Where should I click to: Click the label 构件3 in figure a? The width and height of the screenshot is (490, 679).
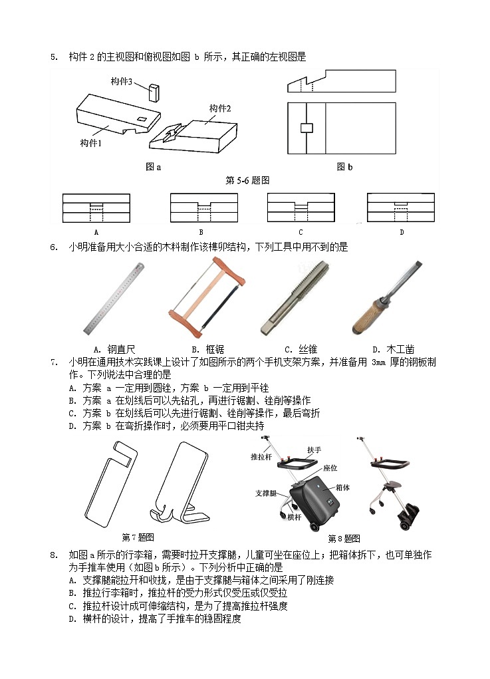(122, 81)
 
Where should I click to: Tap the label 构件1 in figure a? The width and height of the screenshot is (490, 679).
(91, 143)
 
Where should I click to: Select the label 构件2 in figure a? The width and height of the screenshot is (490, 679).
(220, 108)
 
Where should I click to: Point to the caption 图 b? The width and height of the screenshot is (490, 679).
(344, 167)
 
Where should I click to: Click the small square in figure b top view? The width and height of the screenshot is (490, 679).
(306, 128)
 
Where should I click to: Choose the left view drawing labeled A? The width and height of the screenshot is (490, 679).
(96, 207)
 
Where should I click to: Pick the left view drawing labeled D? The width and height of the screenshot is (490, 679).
(401, 207)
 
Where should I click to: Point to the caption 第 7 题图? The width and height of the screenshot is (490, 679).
(138, 537)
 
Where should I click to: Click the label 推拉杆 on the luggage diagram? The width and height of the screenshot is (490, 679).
(261, 458)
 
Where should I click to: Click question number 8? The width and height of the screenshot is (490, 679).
(54, 555)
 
